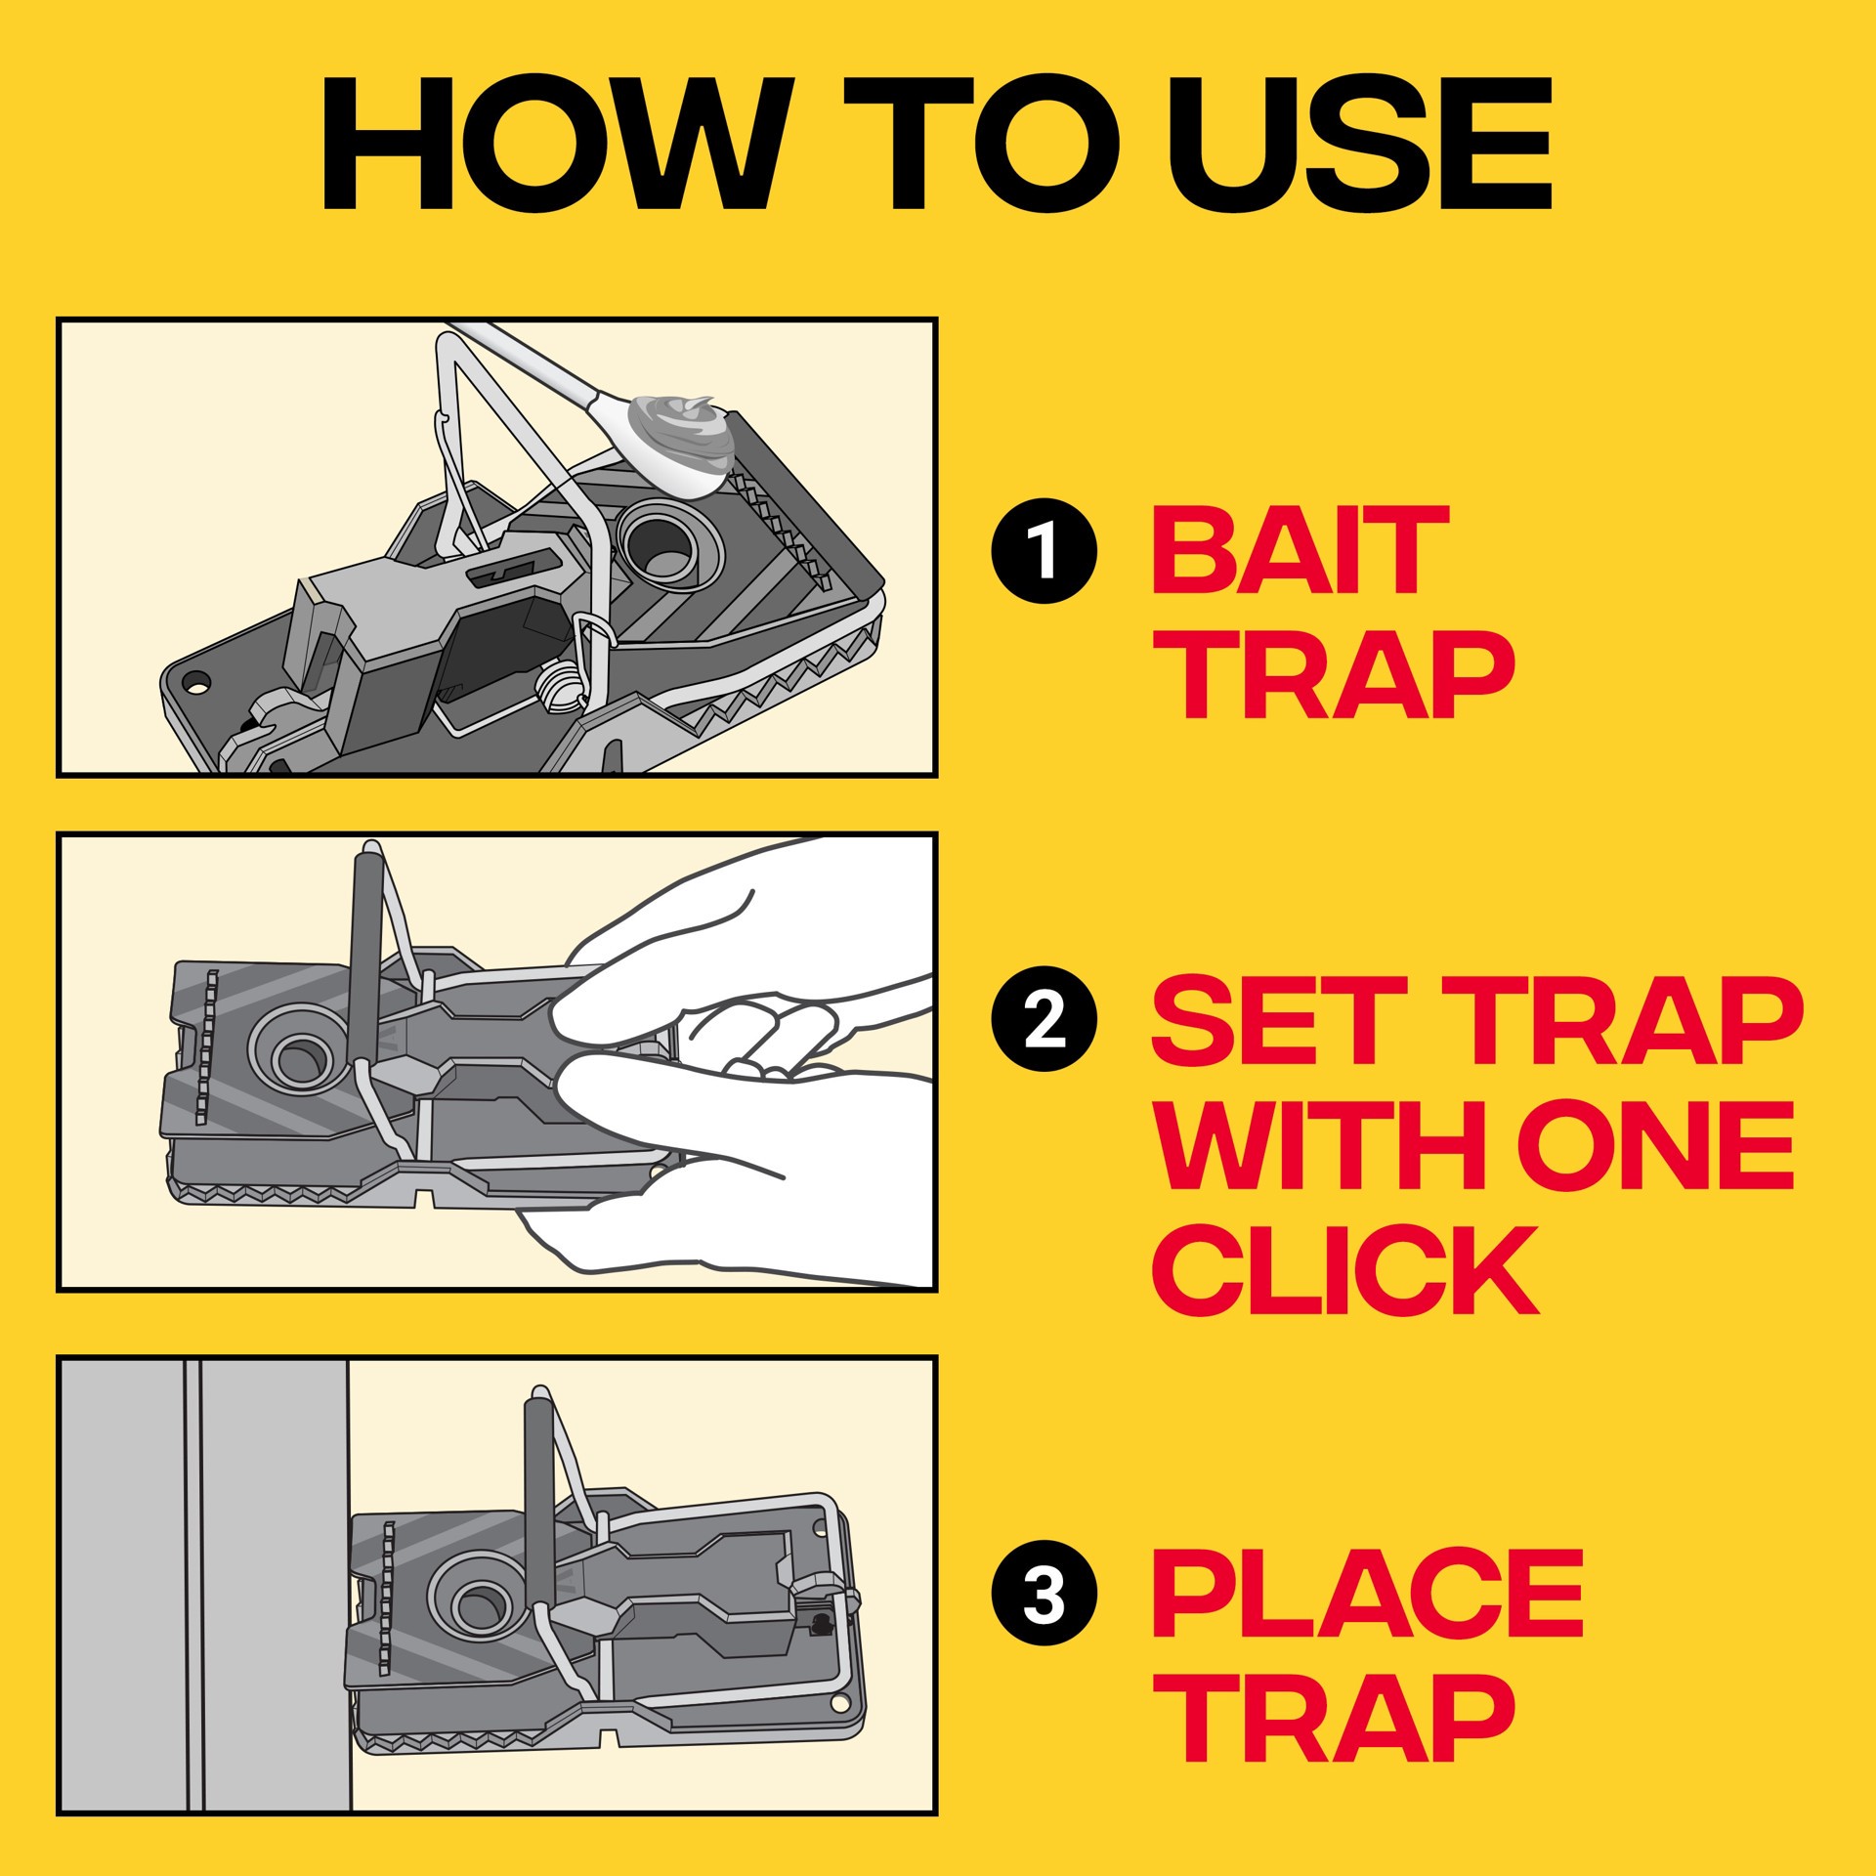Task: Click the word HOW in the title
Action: pos(552,144)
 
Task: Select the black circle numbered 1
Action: pos(1045,551)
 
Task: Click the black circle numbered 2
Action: pos(1045,1020)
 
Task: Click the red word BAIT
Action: pos(1300,551)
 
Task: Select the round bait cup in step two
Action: pos(298,1056)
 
